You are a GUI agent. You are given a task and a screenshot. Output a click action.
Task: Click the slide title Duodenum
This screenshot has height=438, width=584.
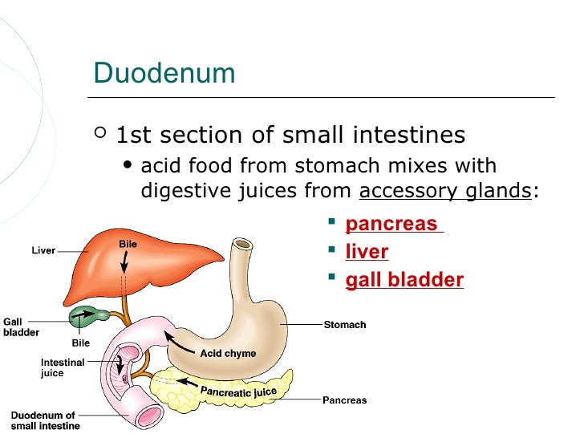click(164, 73)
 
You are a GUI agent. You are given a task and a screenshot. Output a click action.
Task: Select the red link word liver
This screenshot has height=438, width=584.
click(367, 252)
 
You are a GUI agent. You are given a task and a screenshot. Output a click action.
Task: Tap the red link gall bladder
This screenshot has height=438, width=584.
click(404, 280)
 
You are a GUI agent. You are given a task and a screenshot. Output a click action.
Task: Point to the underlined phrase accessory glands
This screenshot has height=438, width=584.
click(444, 191)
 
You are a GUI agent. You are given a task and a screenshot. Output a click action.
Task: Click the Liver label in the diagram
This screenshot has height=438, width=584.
click(43, 250)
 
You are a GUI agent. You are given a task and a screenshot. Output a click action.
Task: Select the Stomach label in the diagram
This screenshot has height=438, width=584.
click(345, 325)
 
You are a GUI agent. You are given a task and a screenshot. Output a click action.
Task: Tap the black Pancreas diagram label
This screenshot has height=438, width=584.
click(344, 399)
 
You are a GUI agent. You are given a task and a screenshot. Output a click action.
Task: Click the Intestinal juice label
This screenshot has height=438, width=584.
click(63, 367)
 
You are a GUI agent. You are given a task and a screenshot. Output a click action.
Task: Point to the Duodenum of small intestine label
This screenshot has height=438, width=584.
click(43, 420)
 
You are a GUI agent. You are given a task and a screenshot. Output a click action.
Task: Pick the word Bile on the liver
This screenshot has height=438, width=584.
click(128, 243)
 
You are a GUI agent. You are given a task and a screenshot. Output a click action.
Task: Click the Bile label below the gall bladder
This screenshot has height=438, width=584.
click(81, 343)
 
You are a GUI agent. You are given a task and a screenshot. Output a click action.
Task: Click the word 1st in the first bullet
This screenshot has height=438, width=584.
click(133, 135)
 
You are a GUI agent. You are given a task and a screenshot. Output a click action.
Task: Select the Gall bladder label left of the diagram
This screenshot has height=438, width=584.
click(20, 327)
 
